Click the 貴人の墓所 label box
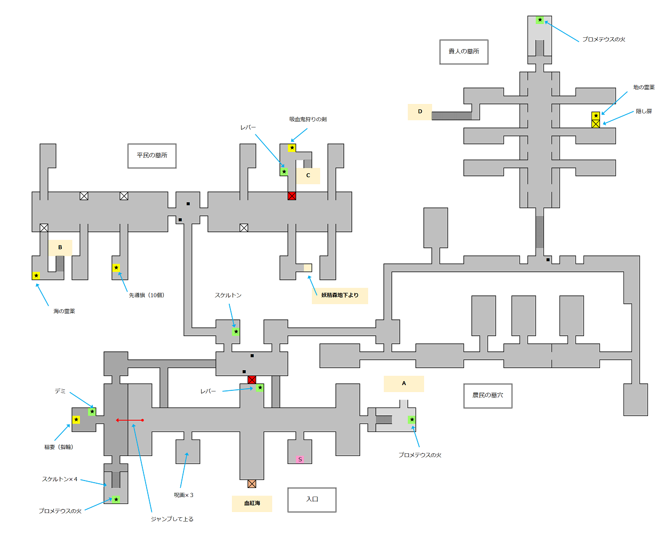(x=463, y=52)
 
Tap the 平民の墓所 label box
(x=152, y=156)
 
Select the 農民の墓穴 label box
(x=487, y=396)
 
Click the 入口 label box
(x=312, y=500)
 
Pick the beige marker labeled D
(x=420, y=112)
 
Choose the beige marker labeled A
(x=404, y=383)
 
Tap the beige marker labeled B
(x=60, y=247)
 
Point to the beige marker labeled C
(x=308, y=175)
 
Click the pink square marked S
(x=300, y=460)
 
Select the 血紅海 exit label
(x=252, y=503)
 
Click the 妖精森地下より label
(x=340, y=295)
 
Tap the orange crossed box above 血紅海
(x=252, y=484)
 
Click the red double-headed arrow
(x=130, y=420)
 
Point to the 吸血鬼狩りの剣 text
(x=308, y=119)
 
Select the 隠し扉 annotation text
(x=644, y=111)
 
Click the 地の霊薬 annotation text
(x=644, y=87)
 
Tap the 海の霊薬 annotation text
(x=64, y=311)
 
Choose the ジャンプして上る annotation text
(x=172, y=519)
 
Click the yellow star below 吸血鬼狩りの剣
(x=292, y=148)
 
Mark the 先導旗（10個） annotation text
(x=147, y=295)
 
